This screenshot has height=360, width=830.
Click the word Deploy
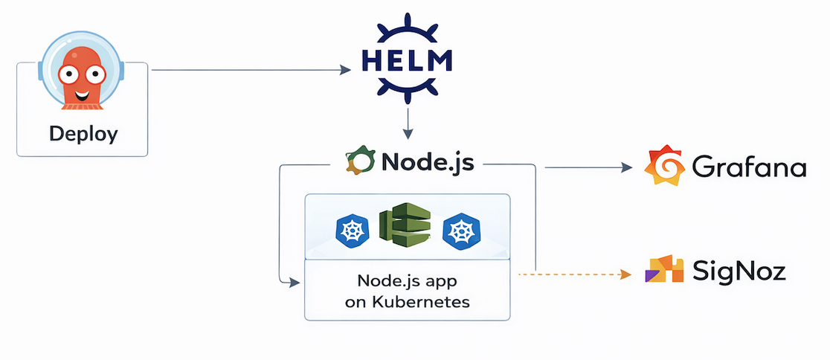[83, 134]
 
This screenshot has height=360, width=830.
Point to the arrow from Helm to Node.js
[408, 123]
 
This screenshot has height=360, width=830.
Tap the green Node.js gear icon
[359, 162]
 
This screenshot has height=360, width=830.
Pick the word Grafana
[749, 167]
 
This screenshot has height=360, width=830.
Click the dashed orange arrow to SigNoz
[573, 274]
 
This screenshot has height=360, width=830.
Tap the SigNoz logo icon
[663, 269]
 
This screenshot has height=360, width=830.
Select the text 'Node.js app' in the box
[407, 283]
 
